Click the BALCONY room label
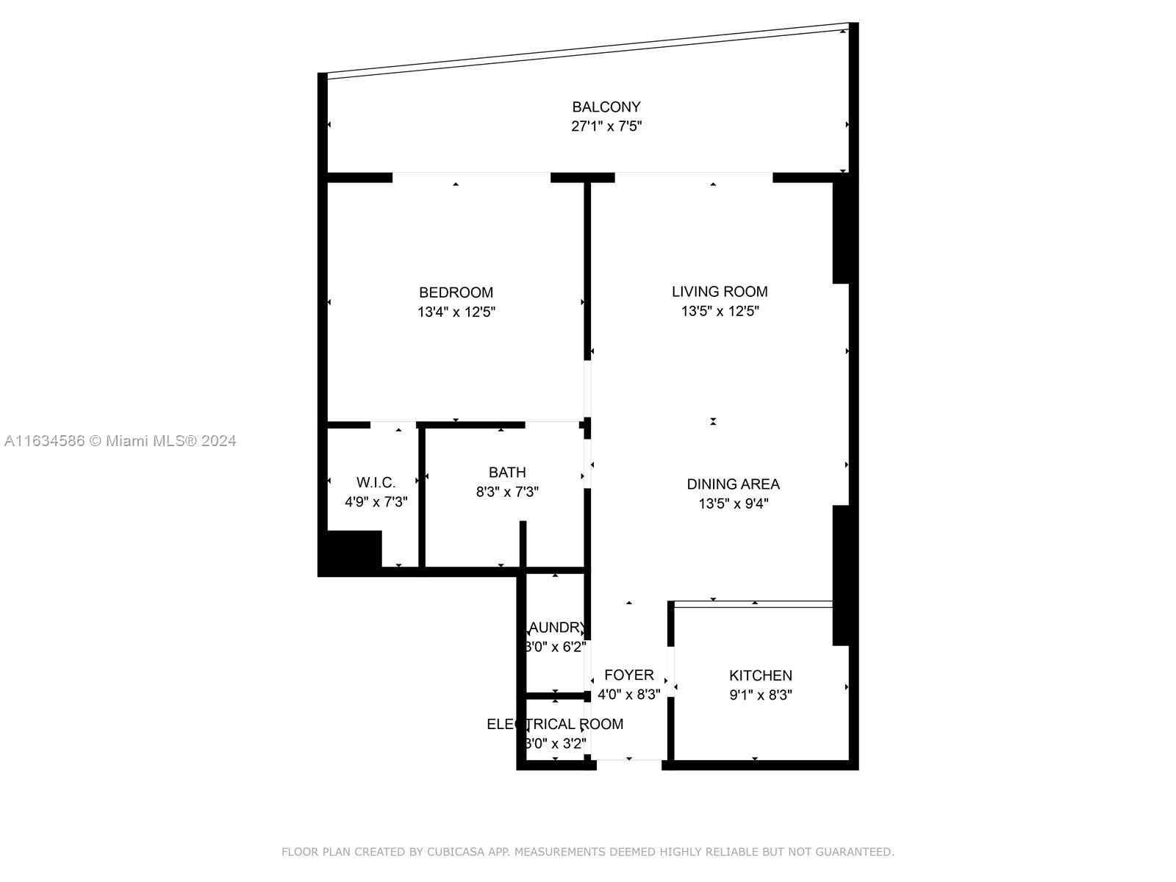point(606,107)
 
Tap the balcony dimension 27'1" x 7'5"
point(606,126)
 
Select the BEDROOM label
point(456,293)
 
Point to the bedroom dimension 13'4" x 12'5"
point(456,312)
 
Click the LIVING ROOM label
point(720,292)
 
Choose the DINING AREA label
point(733,484)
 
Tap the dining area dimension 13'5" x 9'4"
point(733,504)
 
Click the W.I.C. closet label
point(376,483)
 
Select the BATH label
point(507,473)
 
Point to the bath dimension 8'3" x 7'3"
point(507,492)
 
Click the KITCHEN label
point(760,675)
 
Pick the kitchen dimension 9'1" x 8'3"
point(760,695)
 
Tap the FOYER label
point(628,675)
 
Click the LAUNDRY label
point(556,628)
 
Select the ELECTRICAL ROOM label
point(555,724)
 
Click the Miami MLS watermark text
point(120,441)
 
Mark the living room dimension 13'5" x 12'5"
point(720,312)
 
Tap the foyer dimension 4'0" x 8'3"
point(628,695)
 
